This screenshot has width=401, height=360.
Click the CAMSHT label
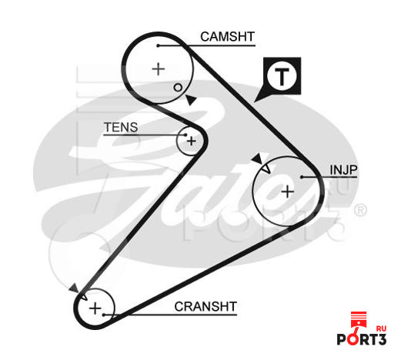point(227,37)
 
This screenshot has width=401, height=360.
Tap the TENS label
point(121,127)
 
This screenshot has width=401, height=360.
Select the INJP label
point(343,170)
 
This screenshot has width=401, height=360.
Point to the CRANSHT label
point(206,306)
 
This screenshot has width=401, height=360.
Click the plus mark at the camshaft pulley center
point(159,69)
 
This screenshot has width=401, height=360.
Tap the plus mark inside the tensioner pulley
point(192,141)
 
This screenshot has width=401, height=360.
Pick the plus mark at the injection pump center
point(287,192)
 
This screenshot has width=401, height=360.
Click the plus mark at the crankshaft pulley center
point(95,308)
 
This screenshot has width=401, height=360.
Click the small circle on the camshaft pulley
point(178,88)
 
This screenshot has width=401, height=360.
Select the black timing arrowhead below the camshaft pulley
point(191,100)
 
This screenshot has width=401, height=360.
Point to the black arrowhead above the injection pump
point(257,158)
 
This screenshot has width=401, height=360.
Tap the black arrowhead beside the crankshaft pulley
point(74,288)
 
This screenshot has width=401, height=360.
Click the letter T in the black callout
point(282,76)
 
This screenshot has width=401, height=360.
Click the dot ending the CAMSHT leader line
point(159,45)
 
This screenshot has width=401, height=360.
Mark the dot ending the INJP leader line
point(302,177)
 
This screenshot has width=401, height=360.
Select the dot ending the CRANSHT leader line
point(103,315)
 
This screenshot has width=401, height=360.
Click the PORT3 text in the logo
point(362,339)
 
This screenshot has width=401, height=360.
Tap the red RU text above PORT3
point(381,328)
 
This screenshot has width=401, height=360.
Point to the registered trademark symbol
point(360,210)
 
